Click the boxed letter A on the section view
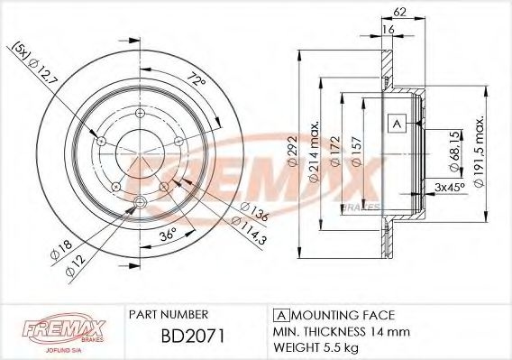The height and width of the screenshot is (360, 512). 396,123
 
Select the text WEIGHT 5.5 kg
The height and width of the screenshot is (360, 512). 317,346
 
